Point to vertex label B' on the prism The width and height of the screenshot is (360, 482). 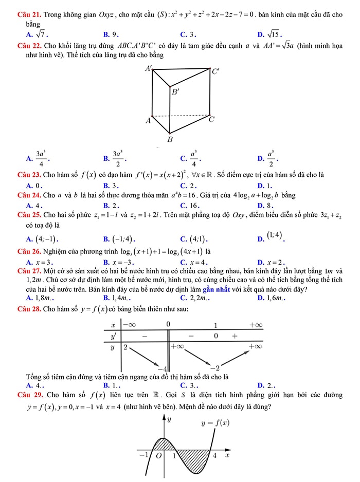pyautogui.click(x=175, y=92)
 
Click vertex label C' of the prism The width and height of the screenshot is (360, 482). pyautogui.click(x=215, y=71)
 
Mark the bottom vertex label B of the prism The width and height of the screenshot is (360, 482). pyautogui.click(x=170, y=139)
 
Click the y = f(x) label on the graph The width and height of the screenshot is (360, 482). pyautogui.click(x=215, y=423)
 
